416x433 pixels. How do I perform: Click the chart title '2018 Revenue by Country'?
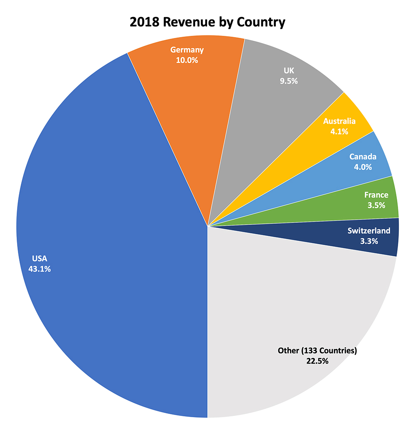pyautogui.click(x=208, y=22)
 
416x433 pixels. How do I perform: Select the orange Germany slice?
pyautogui.click(x=196, y=104)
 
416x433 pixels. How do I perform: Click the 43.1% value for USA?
pyautogui.click(x=40, y=269)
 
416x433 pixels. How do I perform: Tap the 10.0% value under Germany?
pyautogui.click(x=187, y=60)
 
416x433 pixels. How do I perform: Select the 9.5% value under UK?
pyautogui.click(x=289, y=81)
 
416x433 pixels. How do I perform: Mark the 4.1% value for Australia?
pyautogui.click(x=339, y=131)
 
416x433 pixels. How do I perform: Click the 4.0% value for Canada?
pyautogui.click(x=363, y=167)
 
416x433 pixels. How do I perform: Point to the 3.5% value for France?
pyautogui.click(x=376, y=205)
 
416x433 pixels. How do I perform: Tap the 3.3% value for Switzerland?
pyautogui.click(x=369, y=241)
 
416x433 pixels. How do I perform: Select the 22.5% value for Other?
pyautogui.click(x=317, y=361)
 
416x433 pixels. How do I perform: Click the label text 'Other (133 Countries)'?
pyautogui.click(x=317, y=351)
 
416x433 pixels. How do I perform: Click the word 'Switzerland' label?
pyautogui.click(x=369, y=231)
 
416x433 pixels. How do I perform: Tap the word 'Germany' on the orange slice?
pyautogui.click(x=187, y=50)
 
